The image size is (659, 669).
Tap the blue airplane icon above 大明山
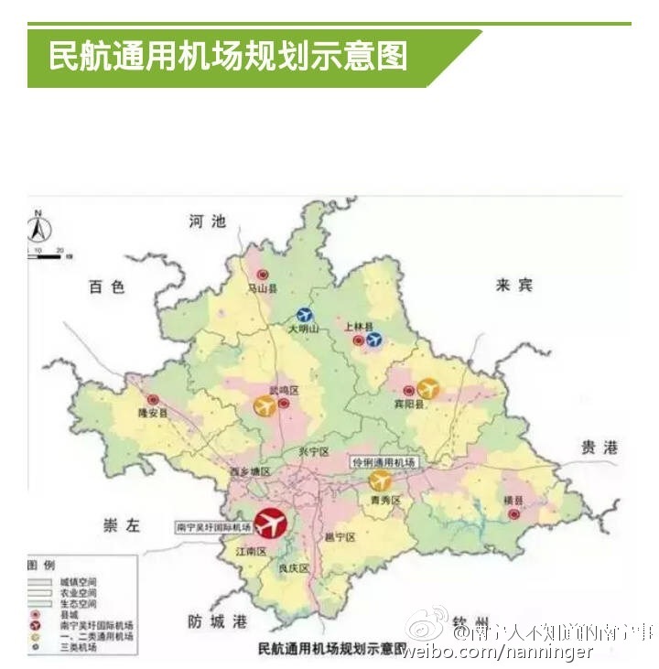pyautogui.click(x=306, y=316)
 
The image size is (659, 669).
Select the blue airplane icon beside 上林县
pyautogui.click(x=373, y=340)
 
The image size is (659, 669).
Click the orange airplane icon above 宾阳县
pyautogui.click(x=427, y=389)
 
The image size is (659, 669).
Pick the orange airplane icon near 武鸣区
pyautogui.click(x=265, y=405)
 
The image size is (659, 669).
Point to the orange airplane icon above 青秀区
pyautogui.click(x=379, y=480)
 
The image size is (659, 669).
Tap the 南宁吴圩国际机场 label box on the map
pyautogui.click(x=213, y=528)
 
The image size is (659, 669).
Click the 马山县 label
pyautogui.click(x=262, y=288)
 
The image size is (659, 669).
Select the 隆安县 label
pyautogui.click(x=153, y=414)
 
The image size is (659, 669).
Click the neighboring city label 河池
pyautogui.click(x=207, y=221)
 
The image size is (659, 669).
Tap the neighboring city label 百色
pyautogui.click(x=106, y=287)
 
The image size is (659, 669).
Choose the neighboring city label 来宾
pyautogui.click(x=513, y=285)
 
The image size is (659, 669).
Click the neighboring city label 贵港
pyautogui.click(x=600, y=448)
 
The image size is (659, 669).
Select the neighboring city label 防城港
pyautogui.click(x=217, y=621)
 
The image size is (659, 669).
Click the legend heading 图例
pyautogui.click(x=42, y=565)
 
